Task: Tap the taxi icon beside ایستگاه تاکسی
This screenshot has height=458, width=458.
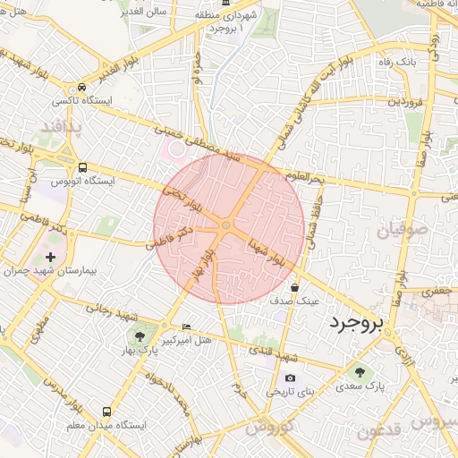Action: [82, 88]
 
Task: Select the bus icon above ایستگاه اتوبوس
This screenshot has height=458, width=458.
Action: [82, 167]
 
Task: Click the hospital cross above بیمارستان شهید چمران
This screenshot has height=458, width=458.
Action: [50, 258]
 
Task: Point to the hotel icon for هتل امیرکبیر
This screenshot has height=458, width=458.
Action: [186, 327]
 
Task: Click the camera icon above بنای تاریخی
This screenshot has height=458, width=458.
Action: [290, 378]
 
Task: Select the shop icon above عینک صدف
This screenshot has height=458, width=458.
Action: [294, 288]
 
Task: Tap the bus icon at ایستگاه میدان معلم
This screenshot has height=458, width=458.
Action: [107, 412]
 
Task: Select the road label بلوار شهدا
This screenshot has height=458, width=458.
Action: [268, 251]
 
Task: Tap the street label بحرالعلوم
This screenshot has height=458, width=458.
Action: [305, 180]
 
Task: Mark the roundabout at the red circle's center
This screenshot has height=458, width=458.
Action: [227, 227]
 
